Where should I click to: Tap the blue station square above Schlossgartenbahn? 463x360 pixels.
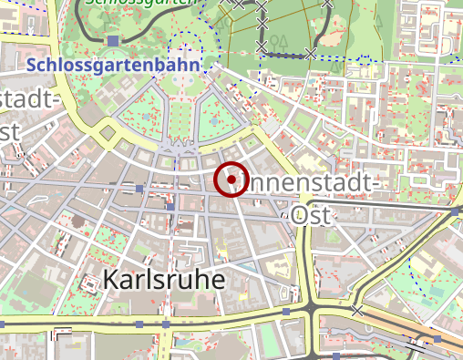point(112,41)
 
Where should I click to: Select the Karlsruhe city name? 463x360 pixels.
point(164,279)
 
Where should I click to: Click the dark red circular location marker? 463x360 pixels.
point(232,180)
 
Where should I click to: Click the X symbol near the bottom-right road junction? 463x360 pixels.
point(357,311)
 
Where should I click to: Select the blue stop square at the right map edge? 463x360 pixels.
point(455,211)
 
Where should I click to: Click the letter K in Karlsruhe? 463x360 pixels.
point(114,279)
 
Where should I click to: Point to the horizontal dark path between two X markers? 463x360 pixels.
point(285,54)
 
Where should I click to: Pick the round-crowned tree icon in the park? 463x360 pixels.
point(283,41)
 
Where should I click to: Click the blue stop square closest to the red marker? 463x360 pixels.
point(170,207)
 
